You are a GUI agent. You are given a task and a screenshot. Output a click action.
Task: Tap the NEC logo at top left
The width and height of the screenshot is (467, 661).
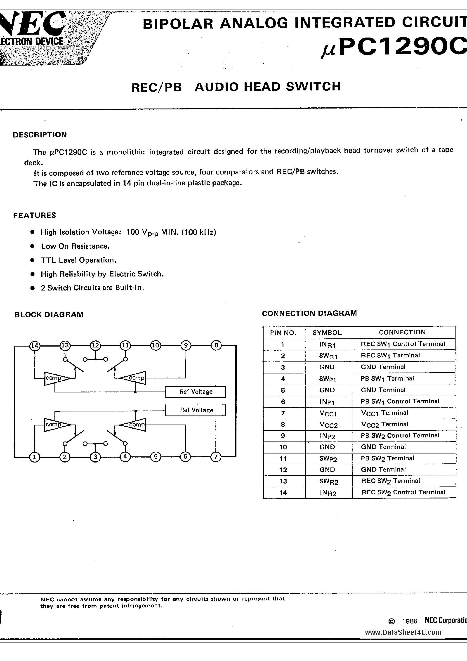click(32, 23)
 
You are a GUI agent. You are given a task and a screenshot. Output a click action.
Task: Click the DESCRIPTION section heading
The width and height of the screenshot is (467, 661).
click(40, 135)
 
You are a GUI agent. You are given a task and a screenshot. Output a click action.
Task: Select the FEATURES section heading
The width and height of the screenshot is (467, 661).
click(35, 215)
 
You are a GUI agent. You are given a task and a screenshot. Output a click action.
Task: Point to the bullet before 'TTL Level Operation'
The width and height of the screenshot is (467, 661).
click(33, 260)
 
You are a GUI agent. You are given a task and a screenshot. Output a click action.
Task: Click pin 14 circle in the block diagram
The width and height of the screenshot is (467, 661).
click(35, 345)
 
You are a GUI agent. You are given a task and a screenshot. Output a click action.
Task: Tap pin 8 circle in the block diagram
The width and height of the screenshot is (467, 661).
click(216, 345)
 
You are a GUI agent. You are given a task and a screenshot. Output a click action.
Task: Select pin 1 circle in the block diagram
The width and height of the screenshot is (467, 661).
click(35, 457)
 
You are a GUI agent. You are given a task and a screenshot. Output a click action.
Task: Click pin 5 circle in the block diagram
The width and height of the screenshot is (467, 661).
click(156, 457)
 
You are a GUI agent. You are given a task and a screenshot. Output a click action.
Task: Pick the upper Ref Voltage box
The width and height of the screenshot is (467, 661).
click(196, 392)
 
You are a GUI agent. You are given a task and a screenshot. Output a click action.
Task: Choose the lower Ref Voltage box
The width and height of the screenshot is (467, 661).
click(196, 410)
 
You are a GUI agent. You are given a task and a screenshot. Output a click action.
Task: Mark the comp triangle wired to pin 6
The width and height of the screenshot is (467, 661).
click(133, 425)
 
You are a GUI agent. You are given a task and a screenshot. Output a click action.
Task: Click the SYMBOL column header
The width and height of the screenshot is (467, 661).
click(327, 333)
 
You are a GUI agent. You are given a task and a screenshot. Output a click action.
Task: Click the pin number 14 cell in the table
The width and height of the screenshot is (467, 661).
click(283, 493)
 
